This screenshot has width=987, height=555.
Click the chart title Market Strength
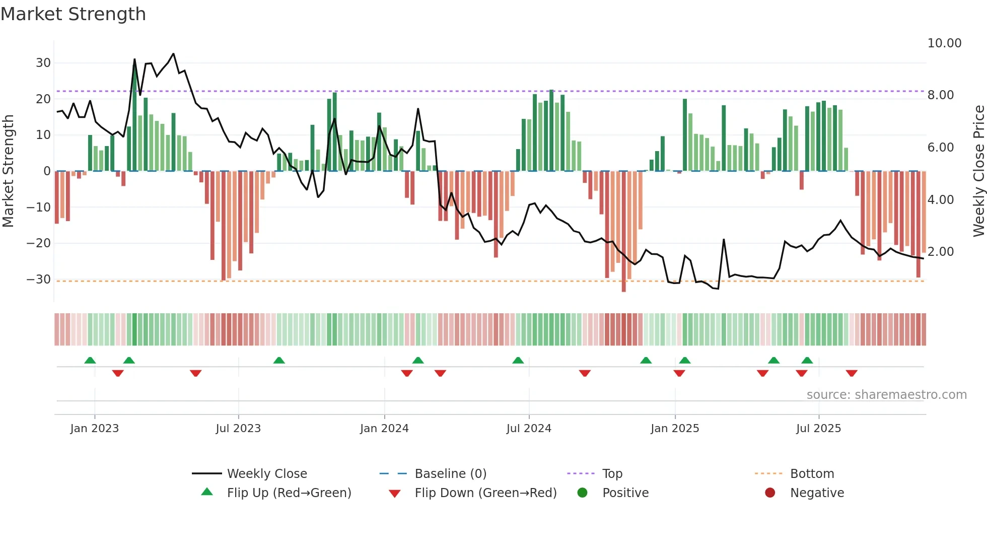point(74,14)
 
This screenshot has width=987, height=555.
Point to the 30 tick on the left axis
point(43,63)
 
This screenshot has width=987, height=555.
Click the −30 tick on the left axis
point(39,280)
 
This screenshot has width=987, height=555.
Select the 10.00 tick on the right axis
point(944,43)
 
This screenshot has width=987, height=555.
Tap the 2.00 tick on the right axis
point(940,252)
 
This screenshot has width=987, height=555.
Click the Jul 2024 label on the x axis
point(529,429)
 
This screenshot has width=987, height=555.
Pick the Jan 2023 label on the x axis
point(95,429)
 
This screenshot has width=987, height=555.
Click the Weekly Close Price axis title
point(978,171)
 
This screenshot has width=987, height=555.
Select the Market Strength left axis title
point(8,171)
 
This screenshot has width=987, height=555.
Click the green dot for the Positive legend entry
point(582,493)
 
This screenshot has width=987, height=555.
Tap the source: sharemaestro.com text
point(886,395)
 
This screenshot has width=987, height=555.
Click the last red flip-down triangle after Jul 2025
point(852,373)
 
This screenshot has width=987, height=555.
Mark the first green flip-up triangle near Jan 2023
point(90,360)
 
